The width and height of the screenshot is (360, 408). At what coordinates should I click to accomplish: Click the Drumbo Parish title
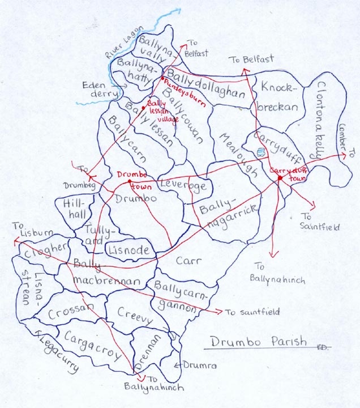[258, 342]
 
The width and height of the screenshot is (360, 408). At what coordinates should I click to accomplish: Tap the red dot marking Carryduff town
[280, 178]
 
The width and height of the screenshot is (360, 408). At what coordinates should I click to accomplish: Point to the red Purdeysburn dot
[162, 78]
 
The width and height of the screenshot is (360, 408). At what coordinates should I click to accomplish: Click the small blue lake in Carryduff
[260, 152]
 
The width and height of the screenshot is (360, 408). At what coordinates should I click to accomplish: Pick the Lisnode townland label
[128, 250]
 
